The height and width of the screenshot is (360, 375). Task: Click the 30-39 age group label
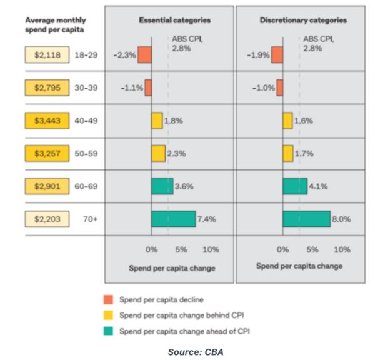[87, 88]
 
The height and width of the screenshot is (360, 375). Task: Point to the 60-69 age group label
[87, 187]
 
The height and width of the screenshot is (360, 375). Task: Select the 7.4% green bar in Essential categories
[173, 219]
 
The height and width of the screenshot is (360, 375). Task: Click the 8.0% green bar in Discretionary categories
[306, 219]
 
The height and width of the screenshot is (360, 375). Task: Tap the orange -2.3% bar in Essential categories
[144, 55]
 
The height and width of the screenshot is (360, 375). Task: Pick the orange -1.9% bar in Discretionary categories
[277, 55]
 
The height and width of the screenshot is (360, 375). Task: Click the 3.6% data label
[185, 186]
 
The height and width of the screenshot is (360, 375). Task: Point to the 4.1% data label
[319, 186]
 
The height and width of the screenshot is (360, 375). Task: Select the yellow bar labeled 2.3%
[158, 154]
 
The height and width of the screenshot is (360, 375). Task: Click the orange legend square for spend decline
[108, 299]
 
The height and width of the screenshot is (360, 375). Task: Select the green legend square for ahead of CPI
[108, 331]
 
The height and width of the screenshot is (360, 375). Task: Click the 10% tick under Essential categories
[211, 249]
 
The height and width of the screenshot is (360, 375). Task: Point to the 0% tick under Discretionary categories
[282, 249]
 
